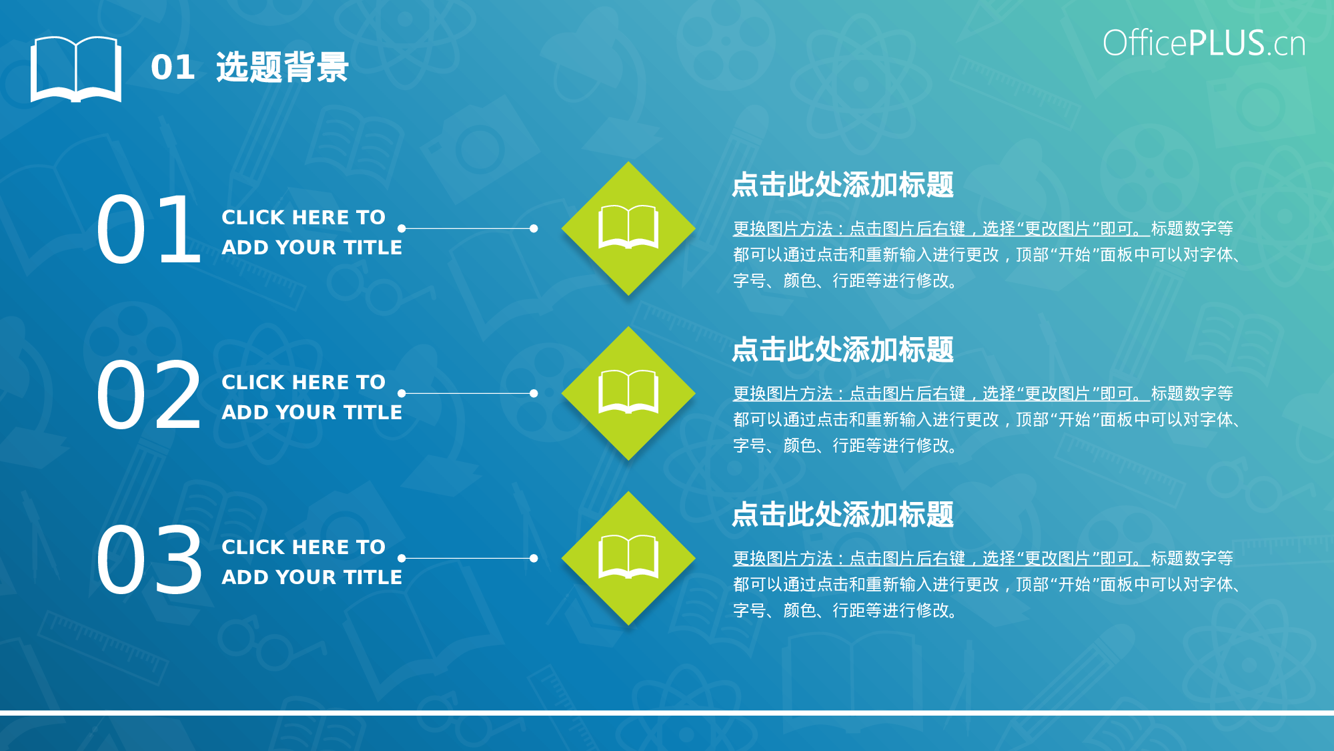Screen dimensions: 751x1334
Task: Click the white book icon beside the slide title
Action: tap(75, 69)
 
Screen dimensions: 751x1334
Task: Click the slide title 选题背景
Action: tap(282, 67)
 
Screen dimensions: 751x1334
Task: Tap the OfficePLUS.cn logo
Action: tap(1203, 43)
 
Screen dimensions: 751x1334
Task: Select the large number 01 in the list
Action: tap(148, 229)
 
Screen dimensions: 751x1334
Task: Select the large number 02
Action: tap(148, 394)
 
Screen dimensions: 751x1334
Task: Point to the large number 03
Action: tap(148, 559)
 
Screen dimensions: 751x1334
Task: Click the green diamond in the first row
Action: tap(628, 228)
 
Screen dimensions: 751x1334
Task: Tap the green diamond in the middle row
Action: tap(628, 393)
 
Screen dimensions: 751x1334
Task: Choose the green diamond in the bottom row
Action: tap(628, 558)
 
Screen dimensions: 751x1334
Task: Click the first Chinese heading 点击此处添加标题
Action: tap(842, 185)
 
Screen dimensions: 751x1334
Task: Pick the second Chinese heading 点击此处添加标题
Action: tap(842, 350)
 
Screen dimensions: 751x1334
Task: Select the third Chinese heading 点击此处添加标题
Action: tap(842, 515)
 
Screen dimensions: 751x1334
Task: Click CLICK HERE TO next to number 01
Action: tap(303, 217)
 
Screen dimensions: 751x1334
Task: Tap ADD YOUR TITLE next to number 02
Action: tap(311, 413)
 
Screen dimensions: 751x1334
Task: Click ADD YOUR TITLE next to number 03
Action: tap(311, 577)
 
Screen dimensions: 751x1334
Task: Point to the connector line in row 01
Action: tap(467, 228)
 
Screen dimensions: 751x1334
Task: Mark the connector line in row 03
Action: tap(467, 558)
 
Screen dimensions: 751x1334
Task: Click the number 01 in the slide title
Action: tap(173, 67)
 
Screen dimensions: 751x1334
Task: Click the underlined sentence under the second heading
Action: tap(940, 394)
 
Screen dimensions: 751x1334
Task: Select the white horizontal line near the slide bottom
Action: tap(667, 713)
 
